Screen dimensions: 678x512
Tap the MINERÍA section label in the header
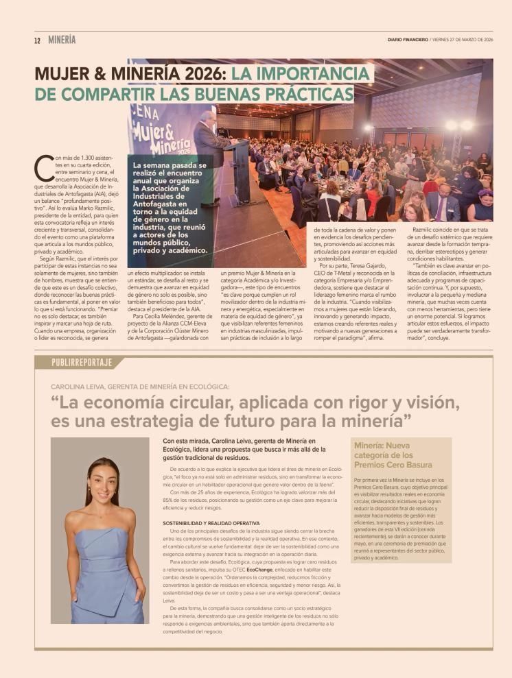pyautogui.click(x=62, y=40)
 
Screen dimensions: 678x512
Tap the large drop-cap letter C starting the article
pyautogui.click(x=44, y=165)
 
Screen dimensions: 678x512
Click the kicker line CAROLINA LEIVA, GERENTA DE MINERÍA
pyautogui.click(x=140, y=387)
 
